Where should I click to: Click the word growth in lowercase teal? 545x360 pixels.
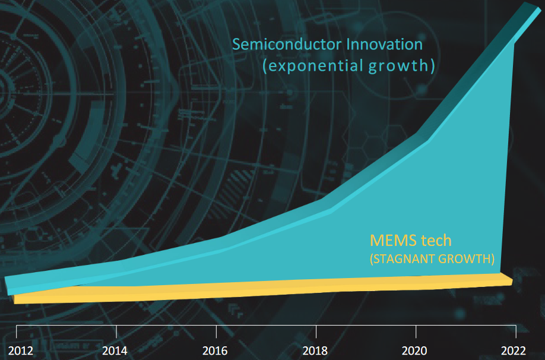404,65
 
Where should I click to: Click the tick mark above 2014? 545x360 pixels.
117,330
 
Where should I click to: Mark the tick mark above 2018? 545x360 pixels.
316,330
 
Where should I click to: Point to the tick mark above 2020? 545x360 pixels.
416,330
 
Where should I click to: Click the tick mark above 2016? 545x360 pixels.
217,330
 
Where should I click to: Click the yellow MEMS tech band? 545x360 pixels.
261,290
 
